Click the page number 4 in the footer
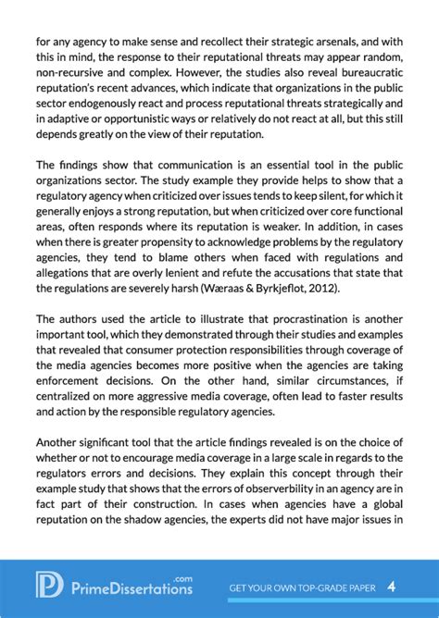(x=392, y=587)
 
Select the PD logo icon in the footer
(x=48, y=586)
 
